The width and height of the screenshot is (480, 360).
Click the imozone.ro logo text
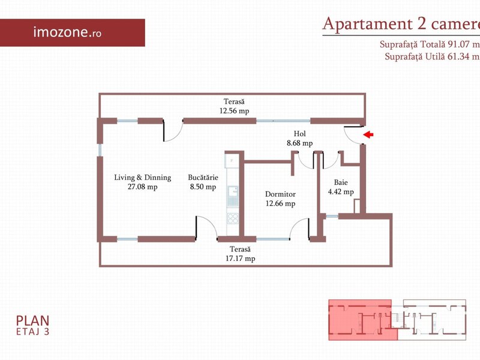(x=67, y=32)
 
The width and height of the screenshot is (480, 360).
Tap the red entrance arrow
(x=368, y=134)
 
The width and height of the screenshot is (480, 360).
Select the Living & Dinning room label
(x=143, y=178)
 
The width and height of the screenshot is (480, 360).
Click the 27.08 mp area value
(x=143, y=187)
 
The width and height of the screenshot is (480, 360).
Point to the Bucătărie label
(x=203, y=178)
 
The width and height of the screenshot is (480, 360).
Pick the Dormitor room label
(x=280, y=194)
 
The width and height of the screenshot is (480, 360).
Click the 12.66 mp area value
(x=280, y=203)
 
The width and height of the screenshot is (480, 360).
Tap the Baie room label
(x=341, y=182)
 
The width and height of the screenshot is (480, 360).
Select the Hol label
(x=299, y=133)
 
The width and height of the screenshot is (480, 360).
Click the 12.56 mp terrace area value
(x=234, y=111)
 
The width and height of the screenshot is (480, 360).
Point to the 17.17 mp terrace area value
(x=241, y=259)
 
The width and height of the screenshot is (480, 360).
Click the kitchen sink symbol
(x=233, y=196)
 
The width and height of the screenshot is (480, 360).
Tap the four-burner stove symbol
(x=233, y=218)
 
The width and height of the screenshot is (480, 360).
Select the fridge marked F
(x=232, y=161)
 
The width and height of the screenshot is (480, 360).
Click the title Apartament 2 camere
(x=401, y=24)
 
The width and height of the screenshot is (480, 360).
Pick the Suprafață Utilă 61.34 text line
(x=432, y=56)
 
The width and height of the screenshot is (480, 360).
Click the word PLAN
(x=32, y=321)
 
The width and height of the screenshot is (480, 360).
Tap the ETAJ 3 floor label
(x=32, y=332)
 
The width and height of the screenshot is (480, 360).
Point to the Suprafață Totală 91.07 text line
(x=430, y=44)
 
